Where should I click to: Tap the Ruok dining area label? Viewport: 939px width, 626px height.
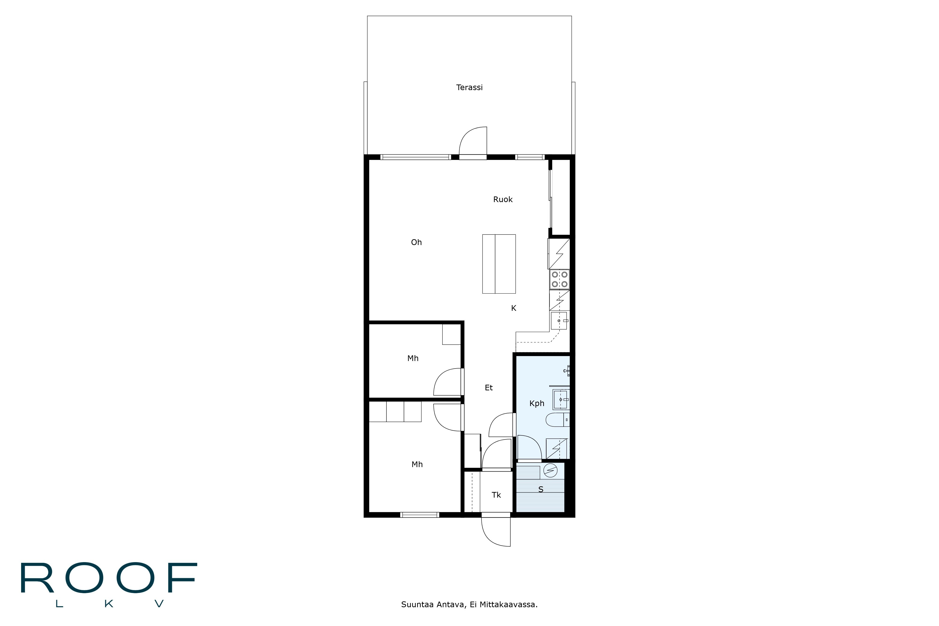503,200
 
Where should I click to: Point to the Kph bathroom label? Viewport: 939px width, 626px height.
537,404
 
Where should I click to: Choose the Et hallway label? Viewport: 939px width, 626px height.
489,388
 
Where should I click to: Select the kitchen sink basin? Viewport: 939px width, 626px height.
559,321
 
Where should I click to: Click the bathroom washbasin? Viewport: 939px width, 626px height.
561,400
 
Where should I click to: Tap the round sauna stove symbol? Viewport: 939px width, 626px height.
550,471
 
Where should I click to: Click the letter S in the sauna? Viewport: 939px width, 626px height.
541,489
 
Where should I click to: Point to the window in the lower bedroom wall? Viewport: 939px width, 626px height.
419,515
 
